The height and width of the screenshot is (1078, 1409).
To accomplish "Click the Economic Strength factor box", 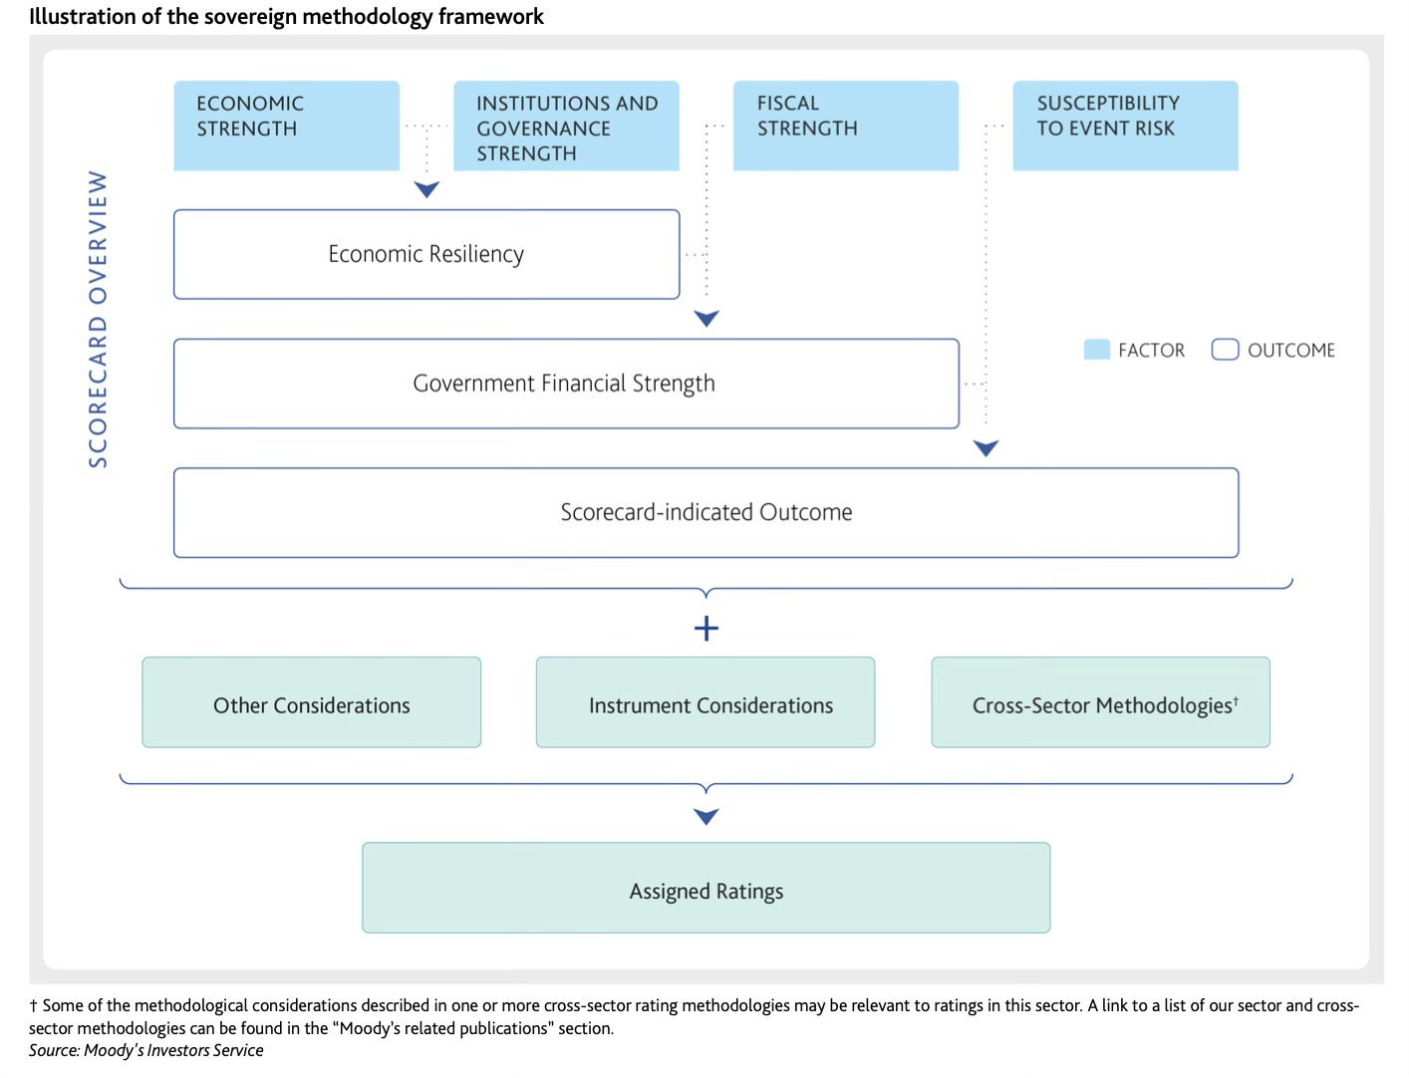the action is click(286, 126).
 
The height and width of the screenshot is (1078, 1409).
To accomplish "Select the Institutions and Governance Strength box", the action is click(566, 126).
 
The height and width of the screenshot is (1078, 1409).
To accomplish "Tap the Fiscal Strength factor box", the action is click(846, 126).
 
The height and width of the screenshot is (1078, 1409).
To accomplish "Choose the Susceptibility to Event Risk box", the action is click(1125, 126).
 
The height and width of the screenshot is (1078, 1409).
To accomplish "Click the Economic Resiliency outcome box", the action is click(426, 254).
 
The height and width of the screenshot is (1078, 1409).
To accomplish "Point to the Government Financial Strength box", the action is click(566, 384).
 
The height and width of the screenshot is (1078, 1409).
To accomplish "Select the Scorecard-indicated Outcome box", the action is click(706, 513).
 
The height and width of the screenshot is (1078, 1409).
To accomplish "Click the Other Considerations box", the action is click(311, 702).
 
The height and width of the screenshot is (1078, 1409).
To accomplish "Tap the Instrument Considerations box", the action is click(705, 702).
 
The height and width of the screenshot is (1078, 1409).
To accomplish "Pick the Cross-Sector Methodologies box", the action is click(1101, 702).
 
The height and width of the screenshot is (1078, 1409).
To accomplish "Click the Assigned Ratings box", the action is click(706, 888).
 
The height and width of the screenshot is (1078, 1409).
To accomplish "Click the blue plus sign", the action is click(706, 629).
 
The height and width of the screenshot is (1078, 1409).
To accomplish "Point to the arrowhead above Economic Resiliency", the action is click(426, 189).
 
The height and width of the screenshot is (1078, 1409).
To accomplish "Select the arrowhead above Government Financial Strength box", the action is click(706, 318).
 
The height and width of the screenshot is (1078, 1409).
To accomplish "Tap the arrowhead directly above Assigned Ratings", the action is click(706, 816).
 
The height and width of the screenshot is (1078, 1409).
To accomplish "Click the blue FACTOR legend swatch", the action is click(1097, 350).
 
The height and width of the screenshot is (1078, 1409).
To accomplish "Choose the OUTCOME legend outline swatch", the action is click(1225, 350).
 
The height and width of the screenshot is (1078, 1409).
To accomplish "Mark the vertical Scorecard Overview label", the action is click(98, 319).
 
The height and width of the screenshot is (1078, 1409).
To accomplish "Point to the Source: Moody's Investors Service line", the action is click(145, 1050).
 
